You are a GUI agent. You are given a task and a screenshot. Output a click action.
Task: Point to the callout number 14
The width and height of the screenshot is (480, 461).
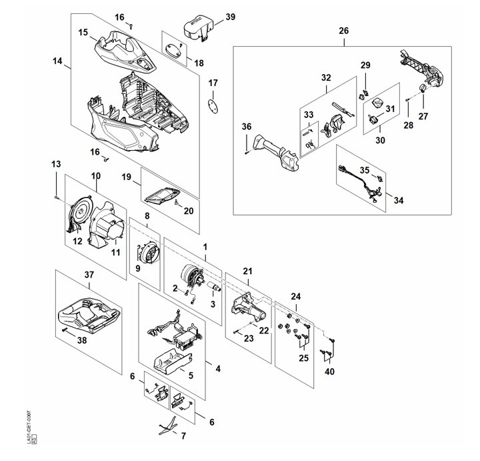tap(58, 61)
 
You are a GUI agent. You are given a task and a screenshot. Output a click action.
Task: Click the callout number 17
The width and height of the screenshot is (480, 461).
tap(213, 83)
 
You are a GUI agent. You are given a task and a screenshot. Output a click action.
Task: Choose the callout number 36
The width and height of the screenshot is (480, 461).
tap(247, 126)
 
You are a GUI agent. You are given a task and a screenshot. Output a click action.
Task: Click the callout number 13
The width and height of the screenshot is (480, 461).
tap(55, 164)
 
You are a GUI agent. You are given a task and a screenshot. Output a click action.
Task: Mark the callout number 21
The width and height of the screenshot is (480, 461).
tap(247, 270)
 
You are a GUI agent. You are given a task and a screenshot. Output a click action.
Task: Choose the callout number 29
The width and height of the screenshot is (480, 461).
tap(365, 65)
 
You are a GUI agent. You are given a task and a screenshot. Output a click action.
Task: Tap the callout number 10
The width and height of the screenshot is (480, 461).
tap(95, 175)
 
